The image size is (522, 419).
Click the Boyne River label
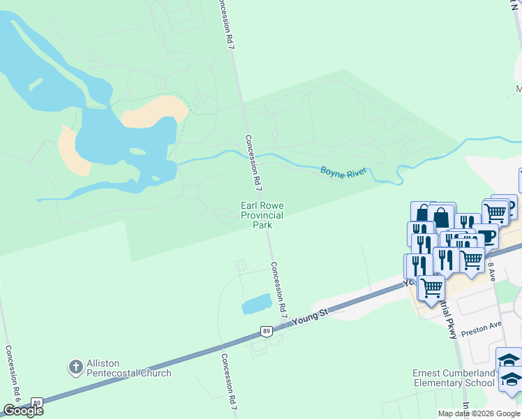343,171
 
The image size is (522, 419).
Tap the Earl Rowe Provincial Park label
262,215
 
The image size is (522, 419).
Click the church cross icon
76,367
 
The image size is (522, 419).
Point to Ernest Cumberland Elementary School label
454,378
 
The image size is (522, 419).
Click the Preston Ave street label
485,326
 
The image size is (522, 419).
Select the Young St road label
311,318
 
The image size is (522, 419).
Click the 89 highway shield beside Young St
266,330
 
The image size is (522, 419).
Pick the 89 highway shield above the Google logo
37,402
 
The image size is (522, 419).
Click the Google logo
23,411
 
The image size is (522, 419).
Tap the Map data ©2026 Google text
478,413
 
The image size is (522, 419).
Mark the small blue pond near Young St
255,304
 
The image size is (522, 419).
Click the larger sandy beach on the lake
154,110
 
